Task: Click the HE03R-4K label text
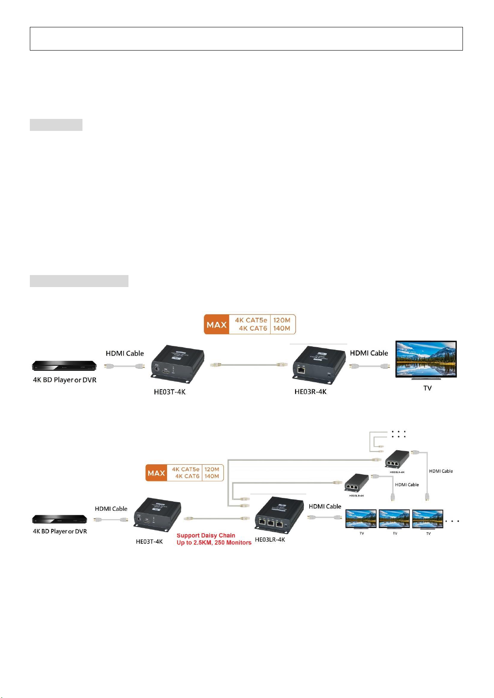pos(310,392)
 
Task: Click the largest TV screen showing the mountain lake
pos(426,359)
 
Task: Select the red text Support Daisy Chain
pos(206,535)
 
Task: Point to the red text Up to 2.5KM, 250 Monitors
pos(214,543)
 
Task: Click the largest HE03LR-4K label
pos(270,540)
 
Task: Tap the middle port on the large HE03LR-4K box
pos(271,523)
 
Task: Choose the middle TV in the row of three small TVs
pos(394,519)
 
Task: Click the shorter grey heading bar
pos(56,125)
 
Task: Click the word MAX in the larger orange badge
pos(216,325)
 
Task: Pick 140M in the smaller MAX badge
pos(212,476)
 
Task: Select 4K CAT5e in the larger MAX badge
pos(251,320)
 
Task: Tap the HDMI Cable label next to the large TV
pos(369,353)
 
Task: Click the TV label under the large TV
pos(427,388)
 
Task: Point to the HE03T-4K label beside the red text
pos(149,541)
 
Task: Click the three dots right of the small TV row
pos(453,521)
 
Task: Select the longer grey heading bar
pos(79,281)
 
